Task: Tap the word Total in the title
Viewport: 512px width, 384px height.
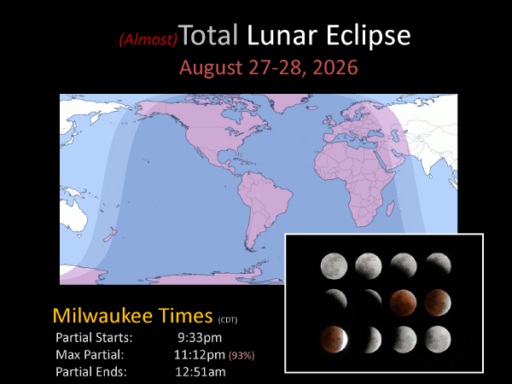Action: click(x=210, y=36)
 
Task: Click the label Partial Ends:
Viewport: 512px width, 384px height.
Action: click(x=90, y=371)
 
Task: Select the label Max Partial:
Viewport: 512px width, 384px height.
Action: click(x=90, y=354)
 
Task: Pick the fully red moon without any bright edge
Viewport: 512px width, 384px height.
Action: click(x=403, y=302)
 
